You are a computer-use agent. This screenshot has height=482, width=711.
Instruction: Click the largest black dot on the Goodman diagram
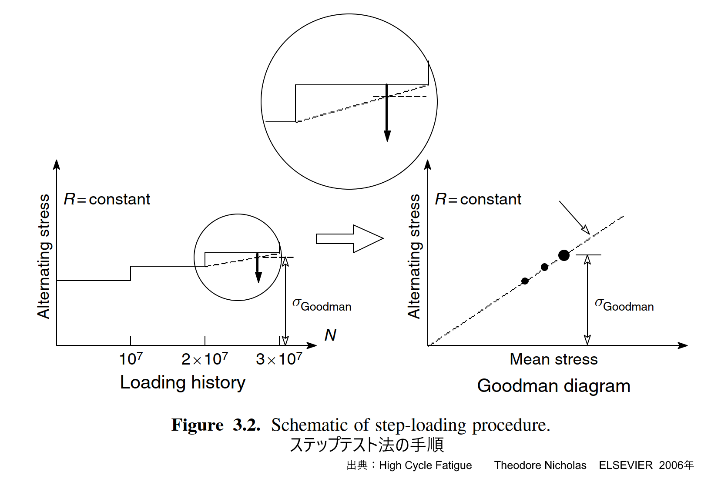pyautogui.click(x=563, y=255)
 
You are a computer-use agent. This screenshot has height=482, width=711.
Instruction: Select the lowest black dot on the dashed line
pyautogui.click(x=525, y=281)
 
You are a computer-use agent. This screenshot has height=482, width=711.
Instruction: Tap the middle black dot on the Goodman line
pyautogui.click(x=544, y=267)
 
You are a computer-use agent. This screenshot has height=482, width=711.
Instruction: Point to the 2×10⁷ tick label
pyautogui.click(x=205, y=359)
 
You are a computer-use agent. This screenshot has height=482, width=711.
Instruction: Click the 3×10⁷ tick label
pyautogui.click(x=279, y=359)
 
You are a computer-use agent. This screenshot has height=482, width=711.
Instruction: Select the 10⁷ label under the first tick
pyautogui.click(x=131, y=359)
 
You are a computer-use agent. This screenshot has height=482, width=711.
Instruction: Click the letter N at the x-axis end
pyautogui.click(x=330, y=335)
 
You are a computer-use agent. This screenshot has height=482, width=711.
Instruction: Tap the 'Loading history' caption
pyautogui.click(x=183, y=383)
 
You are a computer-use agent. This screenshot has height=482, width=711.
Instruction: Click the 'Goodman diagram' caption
pyautogui.click(x=553, y=386)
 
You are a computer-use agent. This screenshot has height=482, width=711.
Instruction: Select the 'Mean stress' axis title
pyautogui.click(x=553, y=359)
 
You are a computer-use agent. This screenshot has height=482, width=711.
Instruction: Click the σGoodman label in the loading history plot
pyautogui.click(x=322, y=305)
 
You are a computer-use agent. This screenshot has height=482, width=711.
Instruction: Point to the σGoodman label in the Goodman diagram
pyautogui.click(x=624, y=305)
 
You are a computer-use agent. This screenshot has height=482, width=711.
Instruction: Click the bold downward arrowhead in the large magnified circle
pyautogui.click(x=387, y=136)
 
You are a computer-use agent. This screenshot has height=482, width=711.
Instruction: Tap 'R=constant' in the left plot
pyautogui.click(x=107, y=199)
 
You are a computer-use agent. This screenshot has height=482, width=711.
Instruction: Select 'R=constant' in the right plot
pyautogui.click(x=478, y=199)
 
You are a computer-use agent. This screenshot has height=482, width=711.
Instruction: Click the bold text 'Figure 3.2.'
pyautogui.click(x=216, y=425)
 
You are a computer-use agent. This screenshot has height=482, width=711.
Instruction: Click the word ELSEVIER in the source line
pyautogui.click(x=625, y=465)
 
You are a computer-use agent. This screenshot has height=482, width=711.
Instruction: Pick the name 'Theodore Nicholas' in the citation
pyautogui.click(x=540, y=465)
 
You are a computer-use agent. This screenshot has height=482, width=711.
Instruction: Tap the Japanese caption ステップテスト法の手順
pyautogui.click(x=366, y=445)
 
